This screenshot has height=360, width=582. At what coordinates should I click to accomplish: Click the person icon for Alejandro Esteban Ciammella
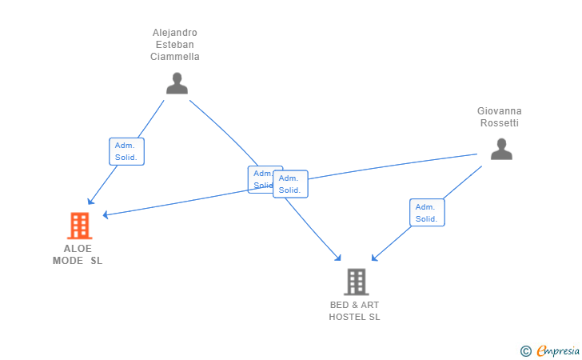click(177, 83)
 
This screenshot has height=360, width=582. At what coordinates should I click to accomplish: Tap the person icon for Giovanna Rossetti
click(501, 149)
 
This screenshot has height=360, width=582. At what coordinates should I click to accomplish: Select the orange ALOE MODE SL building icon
click(79, 226)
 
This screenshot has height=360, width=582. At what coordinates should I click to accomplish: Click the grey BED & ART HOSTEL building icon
click(356, 282)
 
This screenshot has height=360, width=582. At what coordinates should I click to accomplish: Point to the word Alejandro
click(175, 33)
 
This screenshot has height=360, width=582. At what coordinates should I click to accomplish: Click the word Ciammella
click(175, 57)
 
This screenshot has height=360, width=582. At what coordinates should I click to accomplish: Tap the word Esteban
click(175, 45)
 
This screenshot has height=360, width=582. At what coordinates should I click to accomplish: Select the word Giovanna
click(500, 111)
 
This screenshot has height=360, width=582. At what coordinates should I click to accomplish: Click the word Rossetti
click(500, 123)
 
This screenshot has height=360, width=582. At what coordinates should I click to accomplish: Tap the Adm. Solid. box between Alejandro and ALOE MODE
click(126, 151)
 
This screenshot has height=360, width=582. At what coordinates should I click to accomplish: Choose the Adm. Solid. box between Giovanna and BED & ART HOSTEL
click(427, 212)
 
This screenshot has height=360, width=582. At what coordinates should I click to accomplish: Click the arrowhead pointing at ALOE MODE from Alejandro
click(90, 202)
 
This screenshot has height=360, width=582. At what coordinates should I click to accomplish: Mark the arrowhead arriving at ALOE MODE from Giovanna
click(105, 214)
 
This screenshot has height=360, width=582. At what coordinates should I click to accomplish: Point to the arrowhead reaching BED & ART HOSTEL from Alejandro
click(339, 258)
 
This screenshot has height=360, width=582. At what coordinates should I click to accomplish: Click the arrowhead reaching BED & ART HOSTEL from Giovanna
click(374, 258)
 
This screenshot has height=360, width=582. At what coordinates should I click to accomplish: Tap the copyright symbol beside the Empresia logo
click(525, 350)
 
